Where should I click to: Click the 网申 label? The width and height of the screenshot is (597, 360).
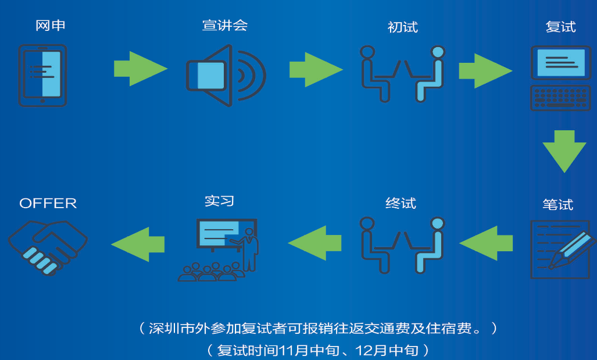pos(50,26)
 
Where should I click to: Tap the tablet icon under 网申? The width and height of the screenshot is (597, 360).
pos(42,76)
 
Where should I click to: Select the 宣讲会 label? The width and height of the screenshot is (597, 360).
pos(225,26)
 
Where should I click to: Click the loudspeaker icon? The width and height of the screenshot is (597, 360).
pos(225,76)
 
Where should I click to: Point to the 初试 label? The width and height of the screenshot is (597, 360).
pos(402,27)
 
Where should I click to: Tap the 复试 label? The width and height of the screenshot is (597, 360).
pos(560,27)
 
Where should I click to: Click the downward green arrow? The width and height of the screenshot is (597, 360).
pos(564,151)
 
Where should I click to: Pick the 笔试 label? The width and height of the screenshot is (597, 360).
pos(557,205)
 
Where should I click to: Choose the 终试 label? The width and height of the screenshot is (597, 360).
pos(401,204)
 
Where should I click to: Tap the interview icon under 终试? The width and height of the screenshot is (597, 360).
pos(402,244)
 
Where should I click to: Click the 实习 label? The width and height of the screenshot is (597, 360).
pos(219,201)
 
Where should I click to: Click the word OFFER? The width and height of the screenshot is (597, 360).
pos(48,204)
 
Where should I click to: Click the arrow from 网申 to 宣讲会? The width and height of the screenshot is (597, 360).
pos(140,69)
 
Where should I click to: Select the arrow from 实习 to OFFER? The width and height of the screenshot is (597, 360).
pos(138,243)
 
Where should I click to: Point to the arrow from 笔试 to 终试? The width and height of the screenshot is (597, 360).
pos(486,243)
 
